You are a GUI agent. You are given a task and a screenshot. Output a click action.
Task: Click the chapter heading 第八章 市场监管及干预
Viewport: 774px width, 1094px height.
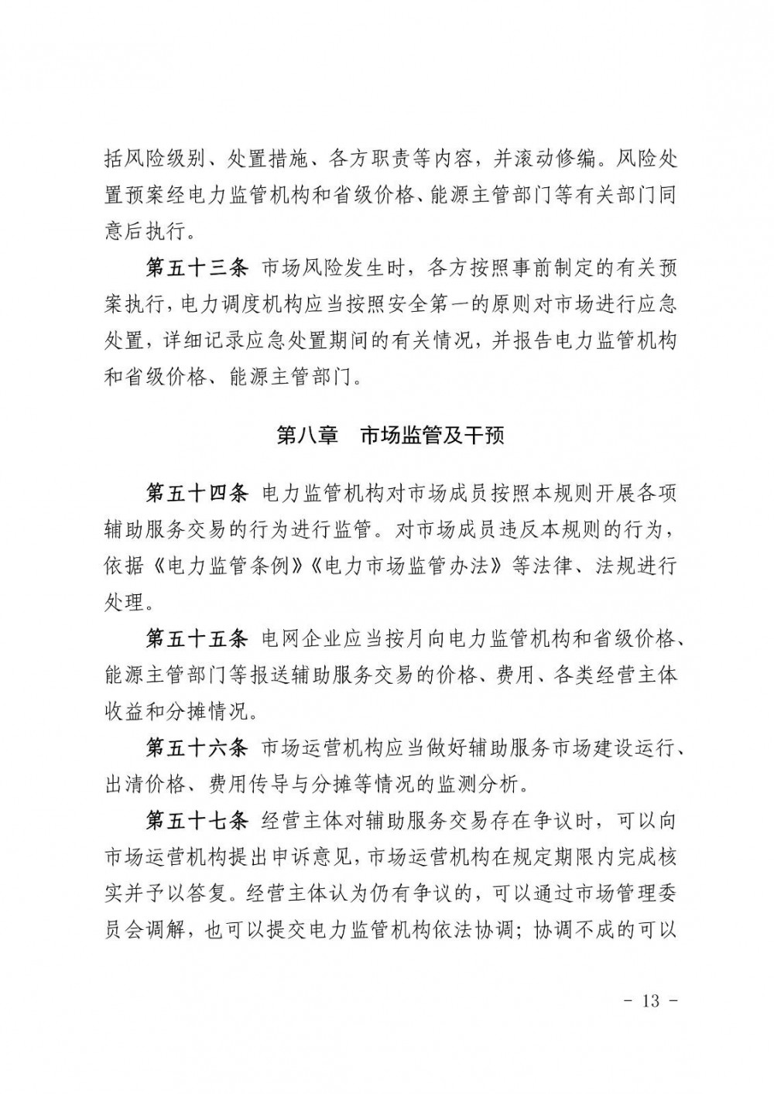tap(389, 436)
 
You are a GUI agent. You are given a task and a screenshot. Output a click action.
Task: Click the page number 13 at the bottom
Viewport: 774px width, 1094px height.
tap(650, 1000)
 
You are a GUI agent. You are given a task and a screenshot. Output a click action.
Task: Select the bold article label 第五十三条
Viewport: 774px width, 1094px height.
tap(197, 268)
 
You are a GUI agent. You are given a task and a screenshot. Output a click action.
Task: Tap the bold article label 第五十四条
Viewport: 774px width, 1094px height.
tap(197, 493)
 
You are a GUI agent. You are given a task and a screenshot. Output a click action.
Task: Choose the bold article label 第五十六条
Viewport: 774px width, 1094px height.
tap(197, 748)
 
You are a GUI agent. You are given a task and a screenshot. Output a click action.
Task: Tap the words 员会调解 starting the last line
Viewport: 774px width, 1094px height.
tap(145, 931)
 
